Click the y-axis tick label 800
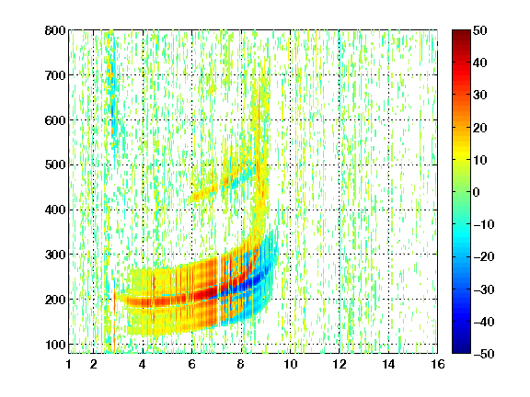tap(55, 30)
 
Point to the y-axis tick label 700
tap(55, 75)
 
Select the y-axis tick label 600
tap(55, 120)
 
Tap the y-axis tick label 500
tap(55, 165)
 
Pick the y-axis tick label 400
tap(55, 210)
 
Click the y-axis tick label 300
tap(55, 255)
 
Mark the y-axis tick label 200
tap(55, 300)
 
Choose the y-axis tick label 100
tap(55, 345)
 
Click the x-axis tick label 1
tap(69, 364)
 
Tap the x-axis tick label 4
tap(143, 364)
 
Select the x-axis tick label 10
tap(290, 364)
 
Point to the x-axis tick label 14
tap(388, 364)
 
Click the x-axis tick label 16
tap(438, 364)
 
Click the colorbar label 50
tap(480, 30)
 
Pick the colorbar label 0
tap(477, 192)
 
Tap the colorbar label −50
tap(484, 354)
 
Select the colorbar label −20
tap(484, 257)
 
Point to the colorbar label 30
tap(480, 96)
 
